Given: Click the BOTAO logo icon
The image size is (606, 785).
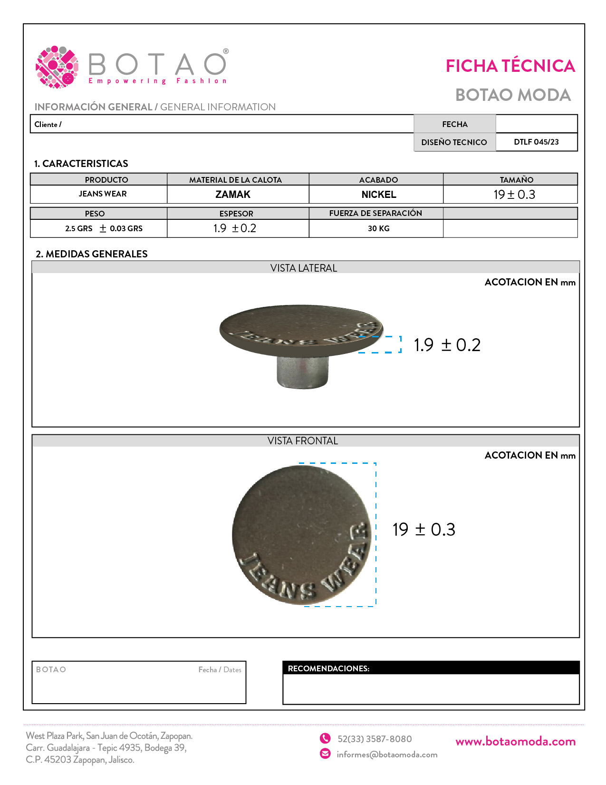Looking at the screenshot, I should tap(57, 67).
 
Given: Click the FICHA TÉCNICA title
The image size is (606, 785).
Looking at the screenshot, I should tap(510, 66).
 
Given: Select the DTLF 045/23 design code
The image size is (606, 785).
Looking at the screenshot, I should tap(536, 142).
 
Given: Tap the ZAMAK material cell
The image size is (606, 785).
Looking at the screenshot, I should tap(233, 194).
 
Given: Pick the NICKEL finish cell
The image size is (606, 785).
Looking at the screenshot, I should tap(379, 194).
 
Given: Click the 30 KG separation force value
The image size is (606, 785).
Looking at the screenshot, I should tap(379, 228).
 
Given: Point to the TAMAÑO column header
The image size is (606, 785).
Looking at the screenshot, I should tap(516, 179).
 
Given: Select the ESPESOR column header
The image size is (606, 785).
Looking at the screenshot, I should tap(236, 214).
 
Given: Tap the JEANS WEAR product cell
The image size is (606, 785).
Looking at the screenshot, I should tap(103, 194).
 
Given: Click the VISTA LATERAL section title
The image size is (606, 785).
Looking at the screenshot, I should tap(304, 268).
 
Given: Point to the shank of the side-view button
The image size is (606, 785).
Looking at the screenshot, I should tap(303, 372).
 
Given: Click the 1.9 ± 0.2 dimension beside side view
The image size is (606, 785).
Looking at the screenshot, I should tap(447, 345).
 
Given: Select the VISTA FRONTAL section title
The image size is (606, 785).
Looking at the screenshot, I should tap(303, 441).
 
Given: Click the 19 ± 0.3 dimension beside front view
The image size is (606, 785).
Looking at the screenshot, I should tap(423, 530).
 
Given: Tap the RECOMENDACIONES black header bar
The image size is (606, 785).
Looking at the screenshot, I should tap(431, 668).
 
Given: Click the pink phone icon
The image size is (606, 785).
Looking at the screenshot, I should tap(325, 738).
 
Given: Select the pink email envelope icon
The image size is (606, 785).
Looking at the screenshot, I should tap(325, 754).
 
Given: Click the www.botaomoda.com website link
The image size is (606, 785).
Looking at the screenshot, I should tap(515, 741).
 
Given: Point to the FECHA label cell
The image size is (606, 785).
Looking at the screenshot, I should tap(455, 124).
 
